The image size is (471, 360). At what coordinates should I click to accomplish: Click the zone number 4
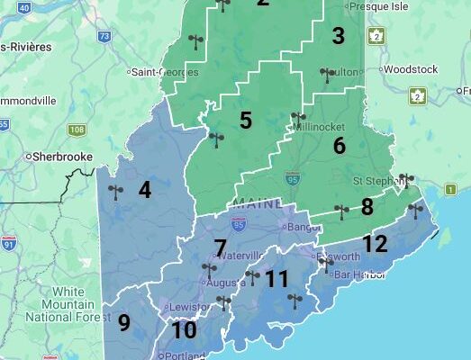click(144, 189)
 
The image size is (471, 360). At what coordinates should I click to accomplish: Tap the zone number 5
click(246, 120)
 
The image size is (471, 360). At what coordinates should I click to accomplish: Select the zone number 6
click(339, 145)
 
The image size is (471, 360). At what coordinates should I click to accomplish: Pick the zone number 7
click(220, 247)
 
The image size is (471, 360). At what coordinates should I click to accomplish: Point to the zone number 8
click(367, 207)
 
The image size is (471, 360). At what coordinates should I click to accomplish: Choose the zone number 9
click(123, 322)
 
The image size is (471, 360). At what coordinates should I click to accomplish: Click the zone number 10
click(184, 330)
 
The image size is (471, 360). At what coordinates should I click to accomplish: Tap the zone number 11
click(276, 279)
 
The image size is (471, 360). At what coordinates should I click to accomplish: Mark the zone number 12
click(375, 244)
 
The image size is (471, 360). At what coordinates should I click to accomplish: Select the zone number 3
click(338, 36)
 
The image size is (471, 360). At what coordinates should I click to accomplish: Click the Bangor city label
click(296, 213)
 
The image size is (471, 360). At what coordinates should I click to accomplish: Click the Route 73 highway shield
click(104, 37)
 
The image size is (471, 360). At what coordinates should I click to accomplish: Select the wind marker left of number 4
click(114, 192)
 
